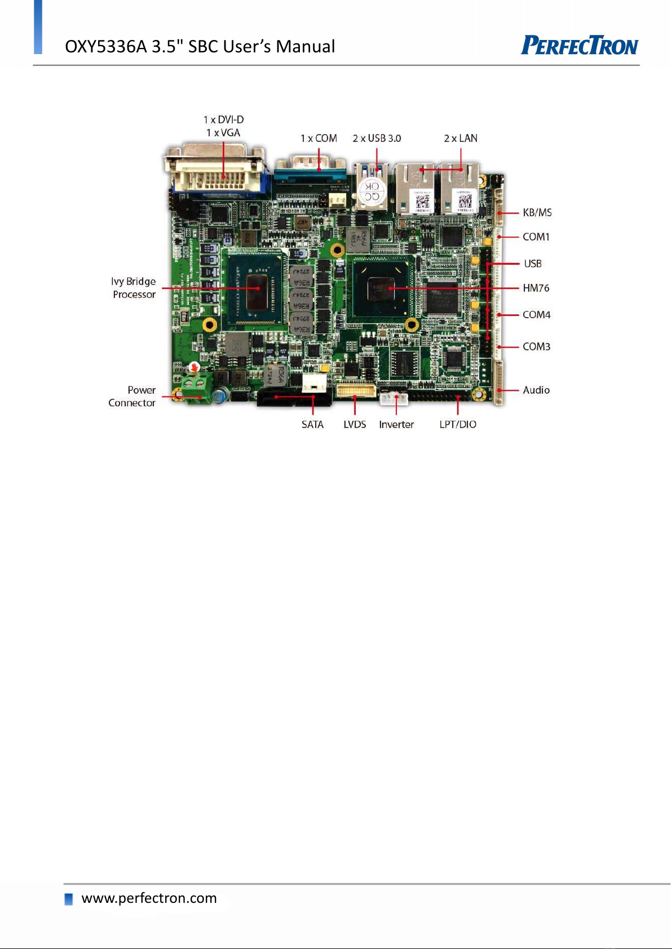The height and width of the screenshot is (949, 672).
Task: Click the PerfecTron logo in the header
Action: tap(580, 45)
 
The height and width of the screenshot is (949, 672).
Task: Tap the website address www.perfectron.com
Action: tap(149, 898)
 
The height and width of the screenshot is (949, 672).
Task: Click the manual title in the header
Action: tap(200, 46)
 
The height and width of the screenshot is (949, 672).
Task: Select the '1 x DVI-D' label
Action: tap(223, 119)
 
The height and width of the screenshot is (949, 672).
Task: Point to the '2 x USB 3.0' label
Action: tap(377, 138)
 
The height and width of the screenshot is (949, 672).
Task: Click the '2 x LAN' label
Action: tap(460, 138)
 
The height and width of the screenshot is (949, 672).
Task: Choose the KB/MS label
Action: tap(537, 212)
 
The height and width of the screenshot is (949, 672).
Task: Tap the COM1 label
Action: tap(536, 237)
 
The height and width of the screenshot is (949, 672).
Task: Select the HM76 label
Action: tap(536, 288)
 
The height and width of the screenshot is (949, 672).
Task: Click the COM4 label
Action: tap(536, 314)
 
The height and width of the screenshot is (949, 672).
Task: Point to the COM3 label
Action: tap(536, 346)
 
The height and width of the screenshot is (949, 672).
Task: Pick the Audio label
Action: tap(536, 390)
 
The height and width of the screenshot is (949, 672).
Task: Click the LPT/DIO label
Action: tap(458, 424)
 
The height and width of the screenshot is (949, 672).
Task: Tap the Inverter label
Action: tap(396, 424)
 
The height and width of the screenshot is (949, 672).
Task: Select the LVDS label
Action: tap(355, 424)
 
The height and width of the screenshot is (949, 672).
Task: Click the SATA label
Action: tap(312, 424)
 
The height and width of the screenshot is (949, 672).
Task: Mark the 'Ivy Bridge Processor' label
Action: tap(134, 288)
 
